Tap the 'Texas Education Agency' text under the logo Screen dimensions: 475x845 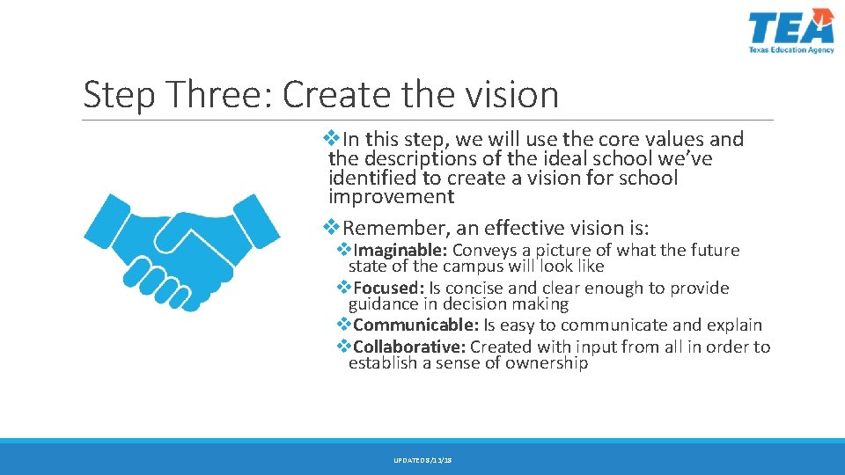point(790,51)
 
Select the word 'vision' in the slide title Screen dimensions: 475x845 point(514,94)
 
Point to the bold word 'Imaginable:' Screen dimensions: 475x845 point(400,251)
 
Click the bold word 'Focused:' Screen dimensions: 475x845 point(389,289)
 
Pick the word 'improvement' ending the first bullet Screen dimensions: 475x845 point(391,197)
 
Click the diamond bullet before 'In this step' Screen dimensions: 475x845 point(332,138)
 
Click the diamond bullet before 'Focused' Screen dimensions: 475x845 point(345,288)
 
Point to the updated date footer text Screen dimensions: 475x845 point(422,460)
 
